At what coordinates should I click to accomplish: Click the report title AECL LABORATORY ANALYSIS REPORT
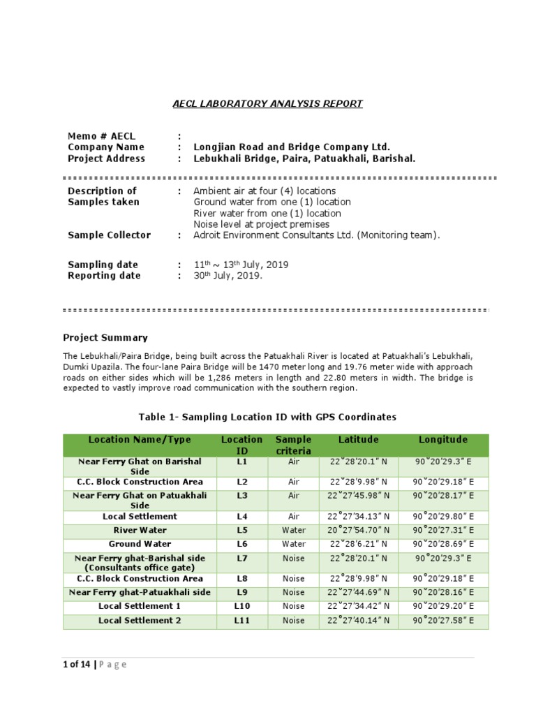click(x=268, y=104)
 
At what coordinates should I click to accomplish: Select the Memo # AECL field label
click(x=102, y=136)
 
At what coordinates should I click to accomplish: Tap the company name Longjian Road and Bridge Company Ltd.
click(x=291, y=147)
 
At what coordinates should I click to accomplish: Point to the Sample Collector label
click(x=109, y=235)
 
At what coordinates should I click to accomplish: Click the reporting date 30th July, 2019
click(x=228, y=276)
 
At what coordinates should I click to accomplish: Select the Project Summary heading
click(x=105, y=338)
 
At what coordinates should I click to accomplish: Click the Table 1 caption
click(x=267, y=417)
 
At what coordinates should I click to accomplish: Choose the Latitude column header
click(x=359, y=440)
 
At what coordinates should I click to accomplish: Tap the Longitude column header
click(x=443, y=440)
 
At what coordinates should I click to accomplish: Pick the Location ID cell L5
click(x=242, y=531)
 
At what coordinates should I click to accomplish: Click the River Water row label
click(x=140, y=531)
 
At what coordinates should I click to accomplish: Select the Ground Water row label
click(x=140, y=544)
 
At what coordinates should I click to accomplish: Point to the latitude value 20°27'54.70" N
click(x=359, y=531)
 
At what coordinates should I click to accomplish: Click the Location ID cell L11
click(x=242, y=621)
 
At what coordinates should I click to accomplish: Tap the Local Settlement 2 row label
click(x=140, y=621)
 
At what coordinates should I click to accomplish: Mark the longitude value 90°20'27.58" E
click(x=443, y=621)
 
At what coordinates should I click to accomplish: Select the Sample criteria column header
click(x=294, y=445)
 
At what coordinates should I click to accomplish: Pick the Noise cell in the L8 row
click(x=294, y=579)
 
